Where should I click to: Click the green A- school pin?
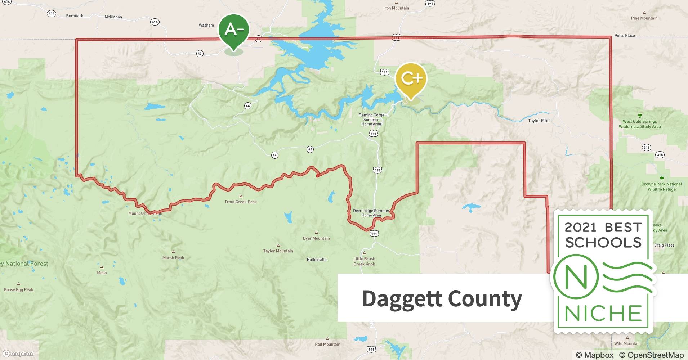coord(234,31)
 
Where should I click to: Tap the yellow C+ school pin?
coord(410,79)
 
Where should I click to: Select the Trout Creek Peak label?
coord(241,202)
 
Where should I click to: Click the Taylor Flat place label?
coord(538,121)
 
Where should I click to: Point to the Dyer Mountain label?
coord(316,238)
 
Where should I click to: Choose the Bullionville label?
coord(317,260)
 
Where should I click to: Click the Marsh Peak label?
coord(173,258)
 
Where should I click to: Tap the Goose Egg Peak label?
coord(18,289)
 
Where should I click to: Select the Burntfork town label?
coord(75,16)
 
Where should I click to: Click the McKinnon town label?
coord(113,17)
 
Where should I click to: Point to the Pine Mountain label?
coord(644,18)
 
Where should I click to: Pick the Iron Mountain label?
coord(396,8)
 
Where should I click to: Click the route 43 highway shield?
coord(200,54)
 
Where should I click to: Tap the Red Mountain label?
coord(327,344)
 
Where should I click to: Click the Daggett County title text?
coord(442,299)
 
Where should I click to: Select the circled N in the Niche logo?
coord(576,277)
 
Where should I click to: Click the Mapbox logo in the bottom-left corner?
coord(18,354)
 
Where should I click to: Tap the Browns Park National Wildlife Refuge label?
coord(661,186)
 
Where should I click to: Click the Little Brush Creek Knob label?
coord(364,261)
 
